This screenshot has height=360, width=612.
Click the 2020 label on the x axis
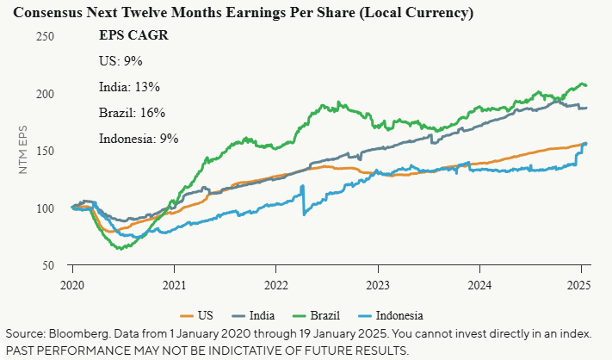(72, 284)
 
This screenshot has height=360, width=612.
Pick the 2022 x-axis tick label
(275, 284)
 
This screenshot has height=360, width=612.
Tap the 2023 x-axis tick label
(377, 284)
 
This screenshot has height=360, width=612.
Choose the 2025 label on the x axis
(580, 284)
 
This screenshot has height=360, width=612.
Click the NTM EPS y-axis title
(25, 151)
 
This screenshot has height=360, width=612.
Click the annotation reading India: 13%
(130, 87)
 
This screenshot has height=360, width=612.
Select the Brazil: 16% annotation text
(131, 113)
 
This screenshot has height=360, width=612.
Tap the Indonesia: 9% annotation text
(139, 139)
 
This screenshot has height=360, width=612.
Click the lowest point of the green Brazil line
(121, 249)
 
